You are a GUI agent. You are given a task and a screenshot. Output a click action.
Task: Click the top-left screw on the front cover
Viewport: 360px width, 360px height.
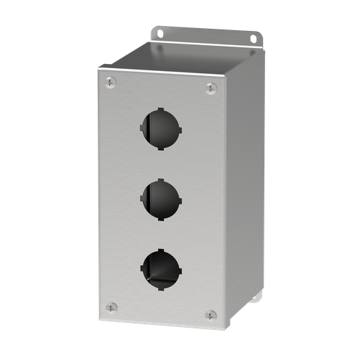[x=110, y=84]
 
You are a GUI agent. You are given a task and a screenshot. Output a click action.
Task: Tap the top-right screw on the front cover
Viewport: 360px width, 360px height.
[x=210, y=88]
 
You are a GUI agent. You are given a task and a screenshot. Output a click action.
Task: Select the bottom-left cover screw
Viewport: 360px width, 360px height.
[x=110, y=307]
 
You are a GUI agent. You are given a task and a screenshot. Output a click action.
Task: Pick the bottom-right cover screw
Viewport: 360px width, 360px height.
[x=210, y=315]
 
